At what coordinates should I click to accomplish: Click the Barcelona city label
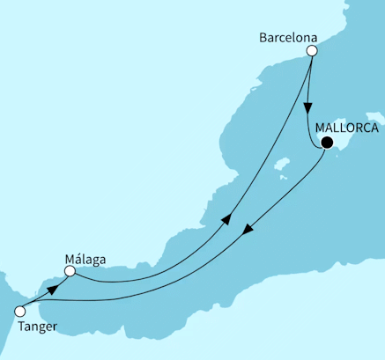pyautogui.click(x=289, y=38)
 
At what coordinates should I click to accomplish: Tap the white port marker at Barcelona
pyautogui.click(x=311, y=52)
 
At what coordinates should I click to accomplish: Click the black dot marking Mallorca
pyautogui.click(x=327, y=143)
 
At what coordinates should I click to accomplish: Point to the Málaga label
pyautogui.click(x=85, y=259)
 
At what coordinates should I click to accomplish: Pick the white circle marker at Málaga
pyautogui.click(x=69, y=272)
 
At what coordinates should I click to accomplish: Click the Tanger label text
pyautogui.click(x=36, y=327)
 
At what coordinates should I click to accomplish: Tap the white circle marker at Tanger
pyautogui.click(x=19, y=310)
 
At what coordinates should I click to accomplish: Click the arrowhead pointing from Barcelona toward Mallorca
pyautogui.click(x=307, y=109)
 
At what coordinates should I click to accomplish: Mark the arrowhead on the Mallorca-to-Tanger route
pyautogui.click(x=248, y=230)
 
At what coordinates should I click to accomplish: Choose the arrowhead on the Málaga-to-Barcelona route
pyautogui.click(x=227, y=219)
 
